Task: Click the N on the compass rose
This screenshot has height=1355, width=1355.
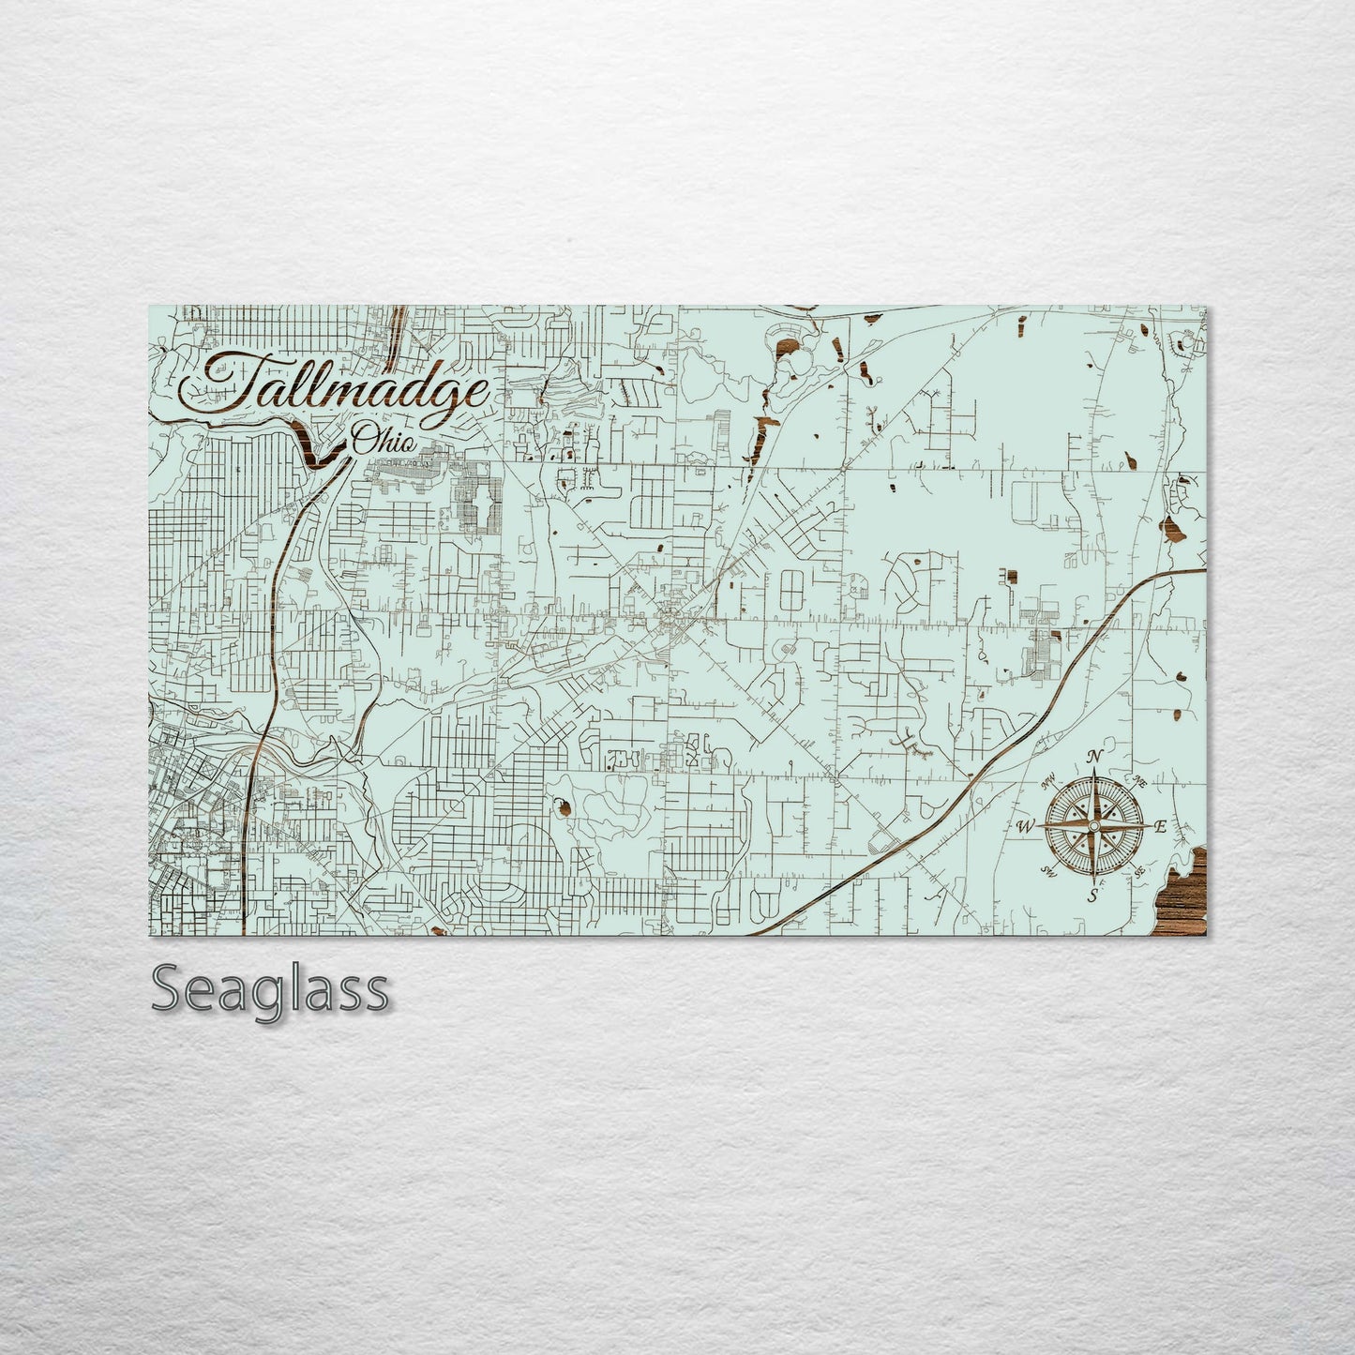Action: [x=1093, y=758]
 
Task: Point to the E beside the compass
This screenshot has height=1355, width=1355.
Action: [x=1160, y=826]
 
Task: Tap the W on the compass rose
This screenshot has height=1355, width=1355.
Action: [x=1024, y=827]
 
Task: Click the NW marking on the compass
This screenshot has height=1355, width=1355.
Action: [x=1049, y=775]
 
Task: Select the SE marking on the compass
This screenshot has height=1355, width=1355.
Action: [x=1139, y=872]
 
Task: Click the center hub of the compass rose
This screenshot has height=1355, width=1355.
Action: [x=1092, y=826]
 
